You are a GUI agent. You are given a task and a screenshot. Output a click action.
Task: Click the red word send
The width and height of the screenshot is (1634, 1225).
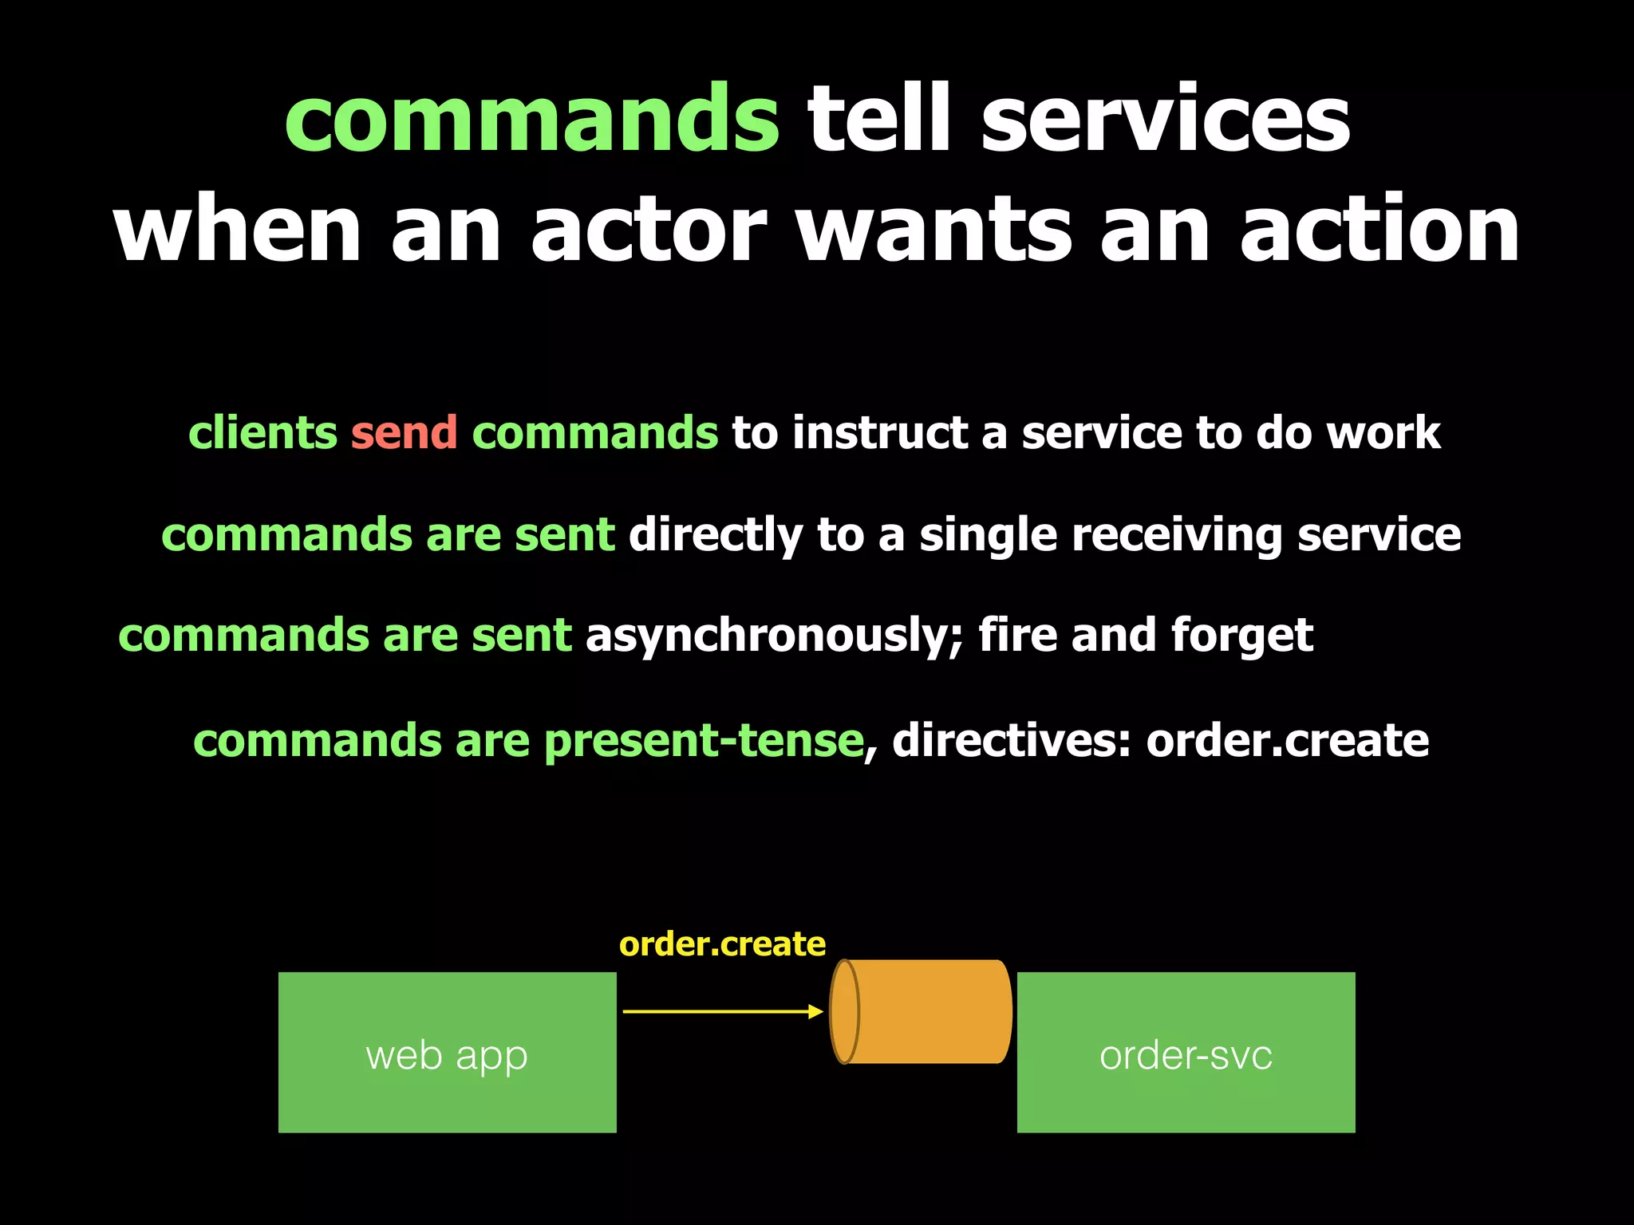(x=404, y=433)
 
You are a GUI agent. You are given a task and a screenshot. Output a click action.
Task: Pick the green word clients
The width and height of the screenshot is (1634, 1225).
(x=262, y=433)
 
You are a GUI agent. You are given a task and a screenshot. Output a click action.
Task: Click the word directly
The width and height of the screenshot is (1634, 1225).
(x=716, y=534)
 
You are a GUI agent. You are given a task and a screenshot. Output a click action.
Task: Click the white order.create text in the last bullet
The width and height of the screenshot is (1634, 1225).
(x=1287, y=741)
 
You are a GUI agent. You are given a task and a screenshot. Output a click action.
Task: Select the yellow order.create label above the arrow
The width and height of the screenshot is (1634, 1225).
(x=722, y=944)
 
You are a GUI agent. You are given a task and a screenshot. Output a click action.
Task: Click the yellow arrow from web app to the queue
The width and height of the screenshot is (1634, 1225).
(x=722, y=1011)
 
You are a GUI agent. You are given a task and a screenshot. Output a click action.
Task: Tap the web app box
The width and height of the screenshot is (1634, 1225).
(x=447, y=1052)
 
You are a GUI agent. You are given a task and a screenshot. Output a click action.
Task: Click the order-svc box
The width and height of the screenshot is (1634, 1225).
(x=1186, y=1052)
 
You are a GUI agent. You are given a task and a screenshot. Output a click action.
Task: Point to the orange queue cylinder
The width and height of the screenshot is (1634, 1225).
(x=922, y=1011)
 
